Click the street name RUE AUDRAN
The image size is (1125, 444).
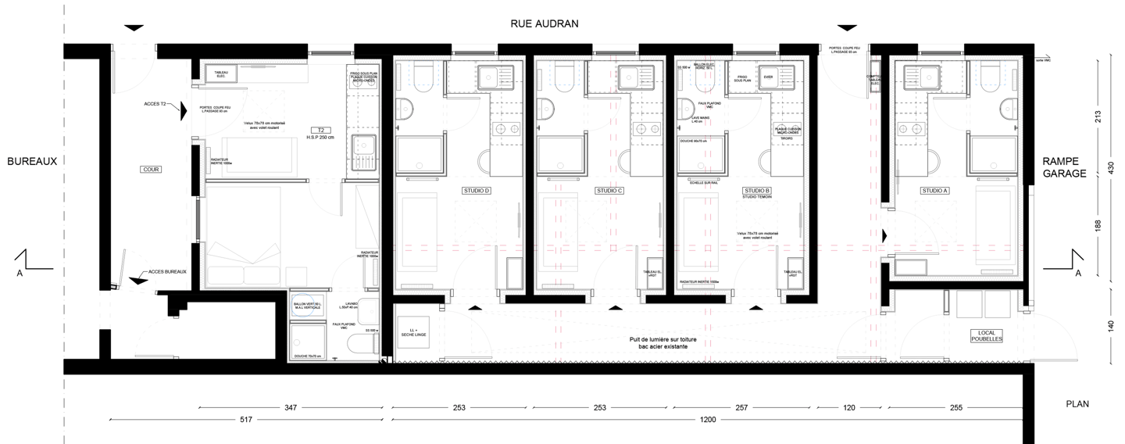pyautogui.click(x=545, y=23)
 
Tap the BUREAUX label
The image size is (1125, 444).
pyautogui.click(x=32, y=161)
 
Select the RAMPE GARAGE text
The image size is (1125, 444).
pyautogui.click(x=1064, y=166)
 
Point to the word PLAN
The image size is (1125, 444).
pyautogui.click(x=1077, y=404)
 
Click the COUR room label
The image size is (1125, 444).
pyautogui.click(x=149, y=169)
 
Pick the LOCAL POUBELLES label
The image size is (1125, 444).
pyautogui.click(x=984, y=335)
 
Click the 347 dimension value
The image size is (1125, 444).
pyautogui.click(x=291, y=408)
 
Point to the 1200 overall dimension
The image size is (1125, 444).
pyautogui.click(x=708, y=421)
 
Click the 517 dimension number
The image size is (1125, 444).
pyautogui.click(x=244, y=421)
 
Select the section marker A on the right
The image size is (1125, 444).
pyautogui.click(x=1079, y=273)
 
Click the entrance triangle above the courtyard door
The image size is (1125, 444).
pyautogui.click(x=134, y=28)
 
